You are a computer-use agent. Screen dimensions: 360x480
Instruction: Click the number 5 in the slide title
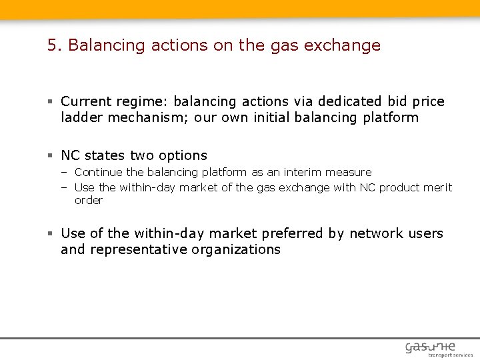pyautogui.click(x=52, y=45)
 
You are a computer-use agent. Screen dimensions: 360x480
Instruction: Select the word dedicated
pyautogui.click(x=350, y=101)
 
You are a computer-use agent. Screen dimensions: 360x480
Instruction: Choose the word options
pyautogui.click(x=182, y=155)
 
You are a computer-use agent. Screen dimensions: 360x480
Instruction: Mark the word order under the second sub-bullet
pyautogui.click(x=89, y=200)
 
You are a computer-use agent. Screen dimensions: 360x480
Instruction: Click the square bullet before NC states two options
pyautogui.click(x=50, y=156)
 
